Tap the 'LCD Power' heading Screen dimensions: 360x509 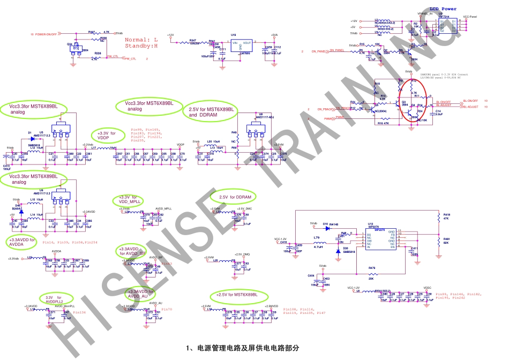tap(442, 9)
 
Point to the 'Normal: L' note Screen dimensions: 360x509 tap(141, 40)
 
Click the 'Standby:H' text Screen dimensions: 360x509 tap(141, 47)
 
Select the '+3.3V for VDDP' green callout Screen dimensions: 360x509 tap(107, 135)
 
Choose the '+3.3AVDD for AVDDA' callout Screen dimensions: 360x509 tap(23, 242)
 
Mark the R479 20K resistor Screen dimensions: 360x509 tap(371, 270)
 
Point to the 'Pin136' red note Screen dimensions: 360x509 tap(79, 312)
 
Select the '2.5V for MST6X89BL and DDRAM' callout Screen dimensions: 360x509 tap(211, 112)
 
